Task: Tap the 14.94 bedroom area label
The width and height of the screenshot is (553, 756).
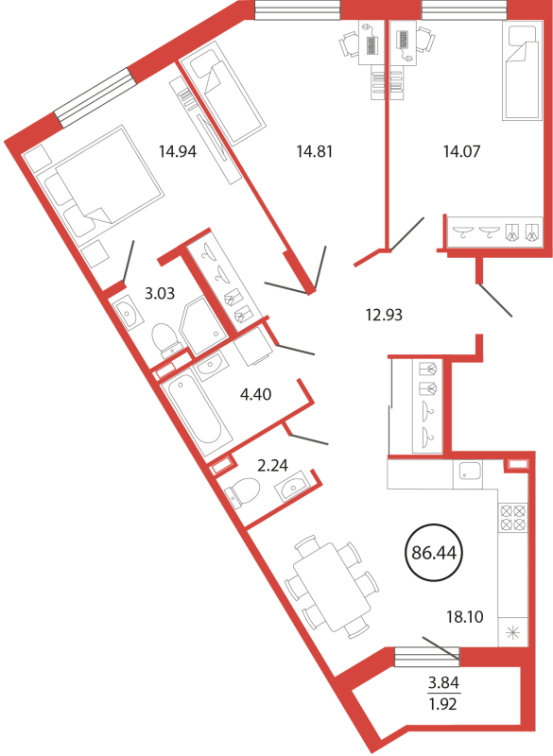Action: [178, 152]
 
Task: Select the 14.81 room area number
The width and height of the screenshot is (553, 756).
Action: [315, 152]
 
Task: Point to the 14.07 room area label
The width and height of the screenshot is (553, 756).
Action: [462, 152]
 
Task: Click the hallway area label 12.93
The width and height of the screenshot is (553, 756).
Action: [384, 316]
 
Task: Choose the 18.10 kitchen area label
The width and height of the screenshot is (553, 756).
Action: [465, 617]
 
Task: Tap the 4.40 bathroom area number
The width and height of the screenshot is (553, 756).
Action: [255, 394]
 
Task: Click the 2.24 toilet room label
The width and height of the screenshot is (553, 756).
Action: [273, 465]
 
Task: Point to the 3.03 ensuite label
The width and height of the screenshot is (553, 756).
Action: [160, 293]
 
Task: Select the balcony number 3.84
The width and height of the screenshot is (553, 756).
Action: [443, 682]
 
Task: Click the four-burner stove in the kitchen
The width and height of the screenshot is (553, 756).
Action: [513, 517]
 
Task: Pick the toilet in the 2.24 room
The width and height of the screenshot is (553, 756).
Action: [242, 491]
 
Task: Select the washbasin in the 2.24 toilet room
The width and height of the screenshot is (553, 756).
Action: [291, 487]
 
